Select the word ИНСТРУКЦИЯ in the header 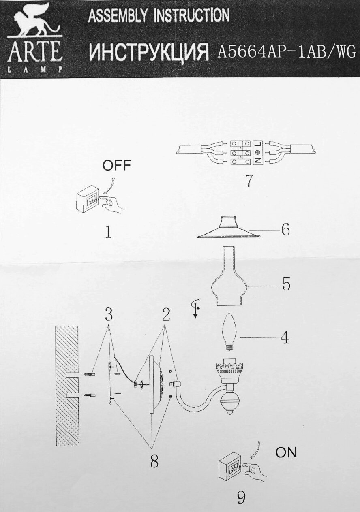tap(149, 52)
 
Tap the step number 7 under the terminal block tap(249, 181)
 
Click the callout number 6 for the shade tap(286, 230)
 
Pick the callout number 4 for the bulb tap(285, 337)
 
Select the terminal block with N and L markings tap(247, 153)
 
